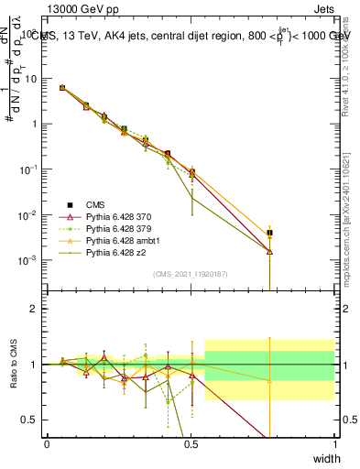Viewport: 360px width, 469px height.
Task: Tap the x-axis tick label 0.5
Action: pyautogui.click(x=191, y=444)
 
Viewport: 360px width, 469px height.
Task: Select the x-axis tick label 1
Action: pyautogui.click(x=334, y=444)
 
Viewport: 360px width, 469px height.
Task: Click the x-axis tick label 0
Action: pyautogui.click(x=47, y=444)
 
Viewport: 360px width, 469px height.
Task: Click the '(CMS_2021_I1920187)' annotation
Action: pyautogui.click(x=191, y=274)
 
